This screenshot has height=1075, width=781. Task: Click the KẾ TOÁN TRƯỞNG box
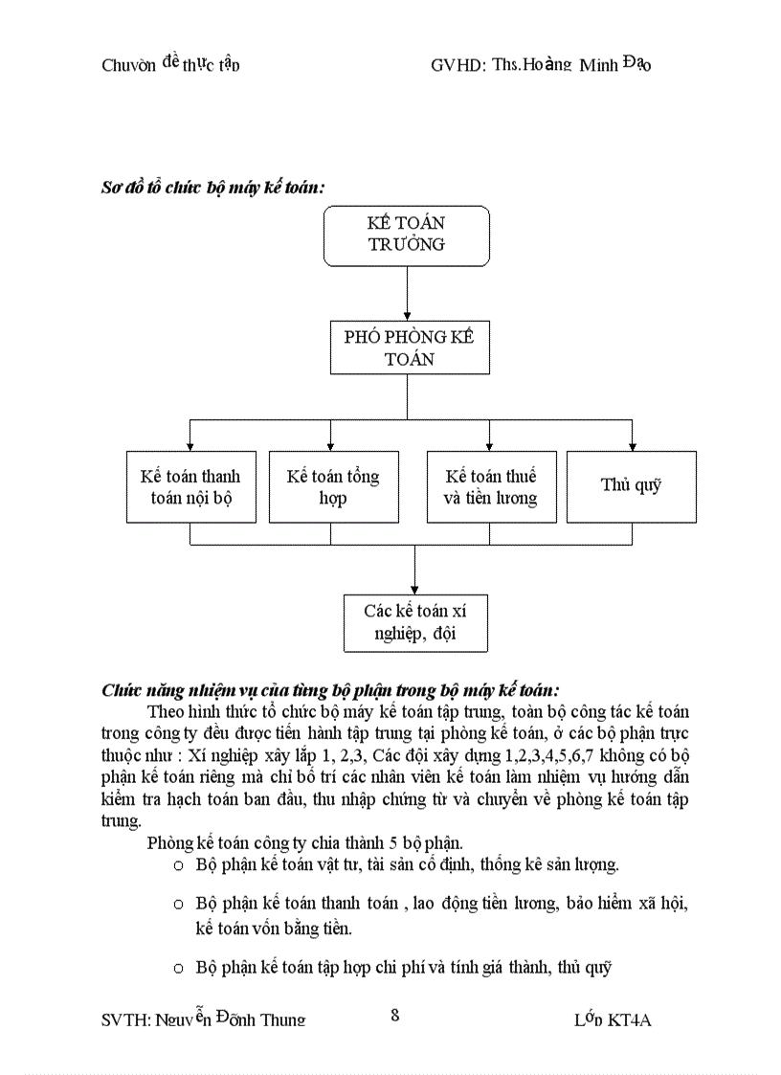(407, 235)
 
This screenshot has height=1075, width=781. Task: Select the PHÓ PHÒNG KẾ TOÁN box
(409, 347)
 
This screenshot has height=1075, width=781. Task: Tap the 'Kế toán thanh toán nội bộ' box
(190, 486)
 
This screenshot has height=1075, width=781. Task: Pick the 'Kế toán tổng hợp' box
(333, 486)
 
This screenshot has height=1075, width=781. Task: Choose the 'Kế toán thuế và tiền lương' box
(491, 486)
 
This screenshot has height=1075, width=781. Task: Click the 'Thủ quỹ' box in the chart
(631, 486)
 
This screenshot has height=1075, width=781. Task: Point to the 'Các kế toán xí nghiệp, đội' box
(414, 622)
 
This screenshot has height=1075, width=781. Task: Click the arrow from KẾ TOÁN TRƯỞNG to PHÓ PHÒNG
(408, 292)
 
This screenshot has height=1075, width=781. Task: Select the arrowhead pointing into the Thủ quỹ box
(632, 444)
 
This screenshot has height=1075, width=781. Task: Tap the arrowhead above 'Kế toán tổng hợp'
(330, 444)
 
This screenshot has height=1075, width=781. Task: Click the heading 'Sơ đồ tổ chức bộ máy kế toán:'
(212, 188)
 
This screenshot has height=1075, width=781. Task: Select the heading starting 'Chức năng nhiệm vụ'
(330, 689)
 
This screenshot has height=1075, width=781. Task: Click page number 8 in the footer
(394, 1016)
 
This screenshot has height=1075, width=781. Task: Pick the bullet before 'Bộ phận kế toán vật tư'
(178, 865)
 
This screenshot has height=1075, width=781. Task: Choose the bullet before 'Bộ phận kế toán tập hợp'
(178, 968)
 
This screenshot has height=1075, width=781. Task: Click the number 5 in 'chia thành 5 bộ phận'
(390, 843)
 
